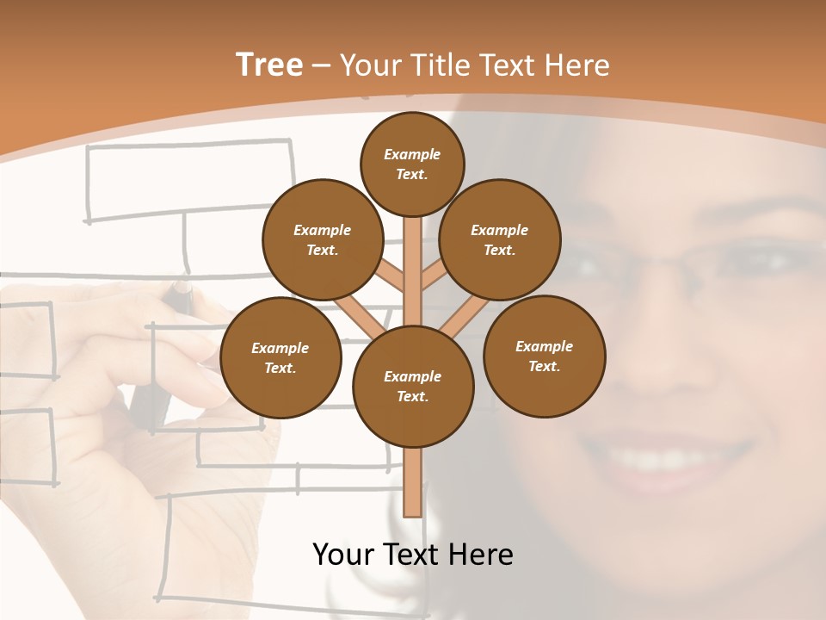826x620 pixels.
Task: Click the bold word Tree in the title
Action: coord(269,65)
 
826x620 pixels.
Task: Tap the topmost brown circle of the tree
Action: coord(412,164)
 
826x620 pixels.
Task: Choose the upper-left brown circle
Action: coord(323,239)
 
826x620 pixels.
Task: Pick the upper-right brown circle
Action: coord(500,239)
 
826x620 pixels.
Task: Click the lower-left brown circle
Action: coord(280,357)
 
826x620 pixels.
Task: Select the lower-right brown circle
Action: coord(544,356)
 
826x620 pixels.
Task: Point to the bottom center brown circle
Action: coord(413,386)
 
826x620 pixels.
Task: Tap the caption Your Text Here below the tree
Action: coord(413,555)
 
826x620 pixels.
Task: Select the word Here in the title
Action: coord(579,65)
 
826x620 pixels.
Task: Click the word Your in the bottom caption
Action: coord(342,555)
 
